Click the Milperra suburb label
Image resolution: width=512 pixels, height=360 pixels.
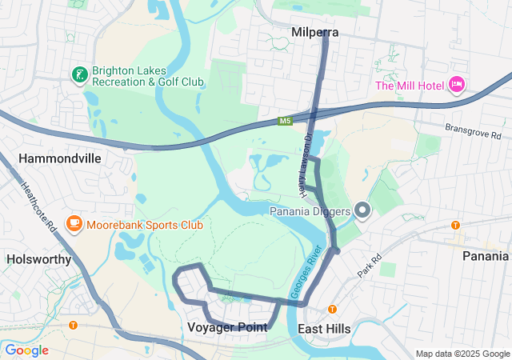(x=314, y=33)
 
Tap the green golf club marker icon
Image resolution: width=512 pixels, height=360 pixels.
(x=79, y=76)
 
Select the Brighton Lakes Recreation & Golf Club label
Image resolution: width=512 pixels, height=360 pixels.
(x=148, y=76)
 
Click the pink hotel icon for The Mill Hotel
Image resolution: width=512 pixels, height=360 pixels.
(x=457, y=85)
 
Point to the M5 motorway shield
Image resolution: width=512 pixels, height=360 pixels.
(x=286, y=121)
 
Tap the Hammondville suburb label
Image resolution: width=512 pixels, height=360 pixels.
(x=59, y=158)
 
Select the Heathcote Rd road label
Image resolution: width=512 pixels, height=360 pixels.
(x=38, y=206)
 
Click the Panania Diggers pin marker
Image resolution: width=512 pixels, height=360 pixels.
(x=362, y=210)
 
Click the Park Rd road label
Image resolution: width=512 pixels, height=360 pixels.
(x=370, y=267)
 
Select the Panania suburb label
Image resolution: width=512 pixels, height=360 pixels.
(x=486, y=256)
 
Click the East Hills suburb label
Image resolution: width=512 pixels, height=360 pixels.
(x=324, y=329)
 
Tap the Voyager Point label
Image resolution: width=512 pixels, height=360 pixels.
(x=227, y=327)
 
